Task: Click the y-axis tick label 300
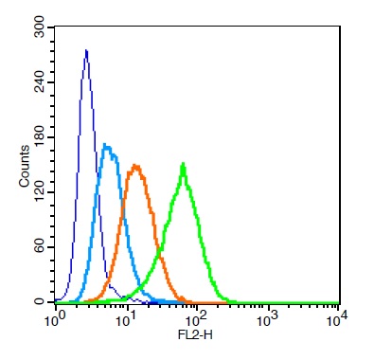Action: (x=40, y=27)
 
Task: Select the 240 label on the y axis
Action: (x=40, y=82)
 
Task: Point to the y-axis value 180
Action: (x=40, y=137)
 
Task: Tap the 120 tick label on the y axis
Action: (x=40, y=192)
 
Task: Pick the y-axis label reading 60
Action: (x=40, y=247)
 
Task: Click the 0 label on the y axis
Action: (x=40, y=302)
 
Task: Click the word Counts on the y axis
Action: (x=24, y=166)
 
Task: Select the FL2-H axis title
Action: (x=195, y=334)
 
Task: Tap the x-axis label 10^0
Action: (x=53, y=320)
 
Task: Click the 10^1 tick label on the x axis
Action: (x=125, y=320)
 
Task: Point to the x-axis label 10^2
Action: (x=196, y=320)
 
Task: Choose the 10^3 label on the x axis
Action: (x=267, y=320)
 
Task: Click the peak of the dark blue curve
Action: (x=86, y=50)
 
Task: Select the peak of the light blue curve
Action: (x=105, y=145)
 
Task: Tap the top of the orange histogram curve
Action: (x=135, y=166)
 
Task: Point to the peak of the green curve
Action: (x=183, y=164)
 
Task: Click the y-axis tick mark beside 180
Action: (x=52, y=137)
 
